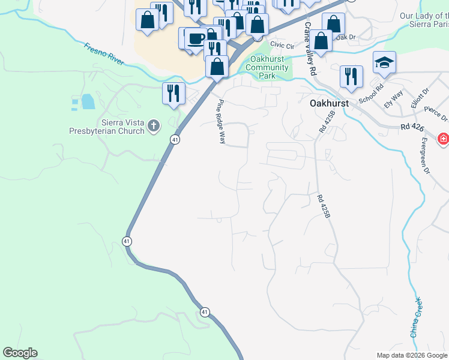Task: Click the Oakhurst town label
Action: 329,103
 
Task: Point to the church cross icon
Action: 154,126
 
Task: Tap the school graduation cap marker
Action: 383,62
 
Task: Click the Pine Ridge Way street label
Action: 221,121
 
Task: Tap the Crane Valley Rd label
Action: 310,49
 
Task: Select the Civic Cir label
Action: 282,46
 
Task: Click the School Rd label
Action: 370,95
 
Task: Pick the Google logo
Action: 20,353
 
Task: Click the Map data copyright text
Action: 412,355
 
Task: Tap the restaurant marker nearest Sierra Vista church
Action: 173,93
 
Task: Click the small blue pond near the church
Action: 88,101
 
